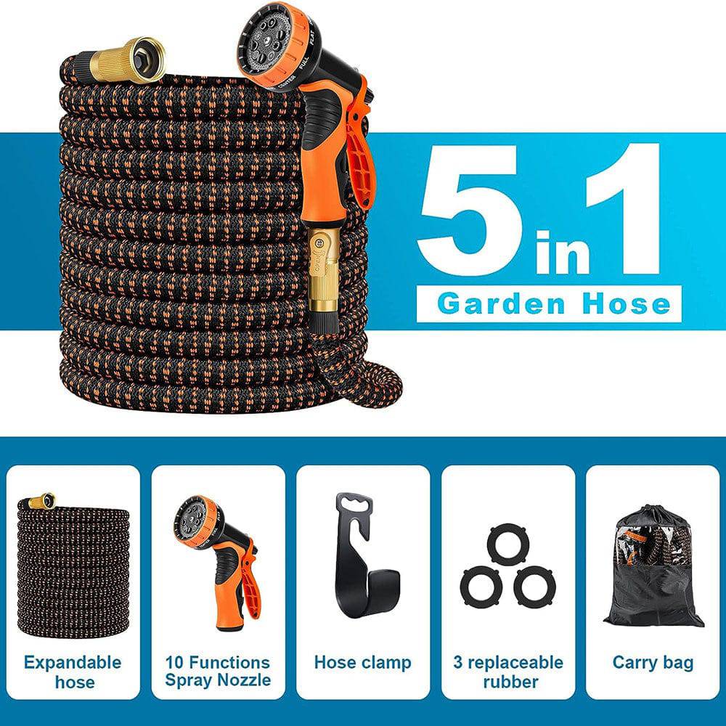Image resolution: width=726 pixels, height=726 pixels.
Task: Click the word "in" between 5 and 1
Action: tap(563, 250)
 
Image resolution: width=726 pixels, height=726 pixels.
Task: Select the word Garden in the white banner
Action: tap(502, 303)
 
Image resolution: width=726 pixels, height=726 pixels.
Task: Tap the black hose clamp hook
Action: tap(364, 557)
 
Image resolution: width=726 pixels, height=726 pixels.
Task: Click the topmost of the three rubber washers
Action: tap(508, 542)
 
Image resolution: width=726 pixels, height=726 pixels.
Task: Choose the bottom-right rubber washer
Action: tap(536, 584)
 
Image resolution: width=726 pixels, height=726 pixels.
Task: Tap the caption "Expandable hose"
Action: tap(73, 672)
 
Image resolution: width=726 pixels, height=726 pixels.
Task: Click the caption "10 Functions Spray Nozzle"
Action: tap(218, 671)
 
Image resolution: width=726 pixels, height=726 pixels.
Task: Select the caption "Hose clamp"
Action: tap(362, 663)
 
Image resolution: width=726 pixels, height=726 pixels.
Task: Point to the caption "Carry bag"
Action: tap(653, 663)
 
